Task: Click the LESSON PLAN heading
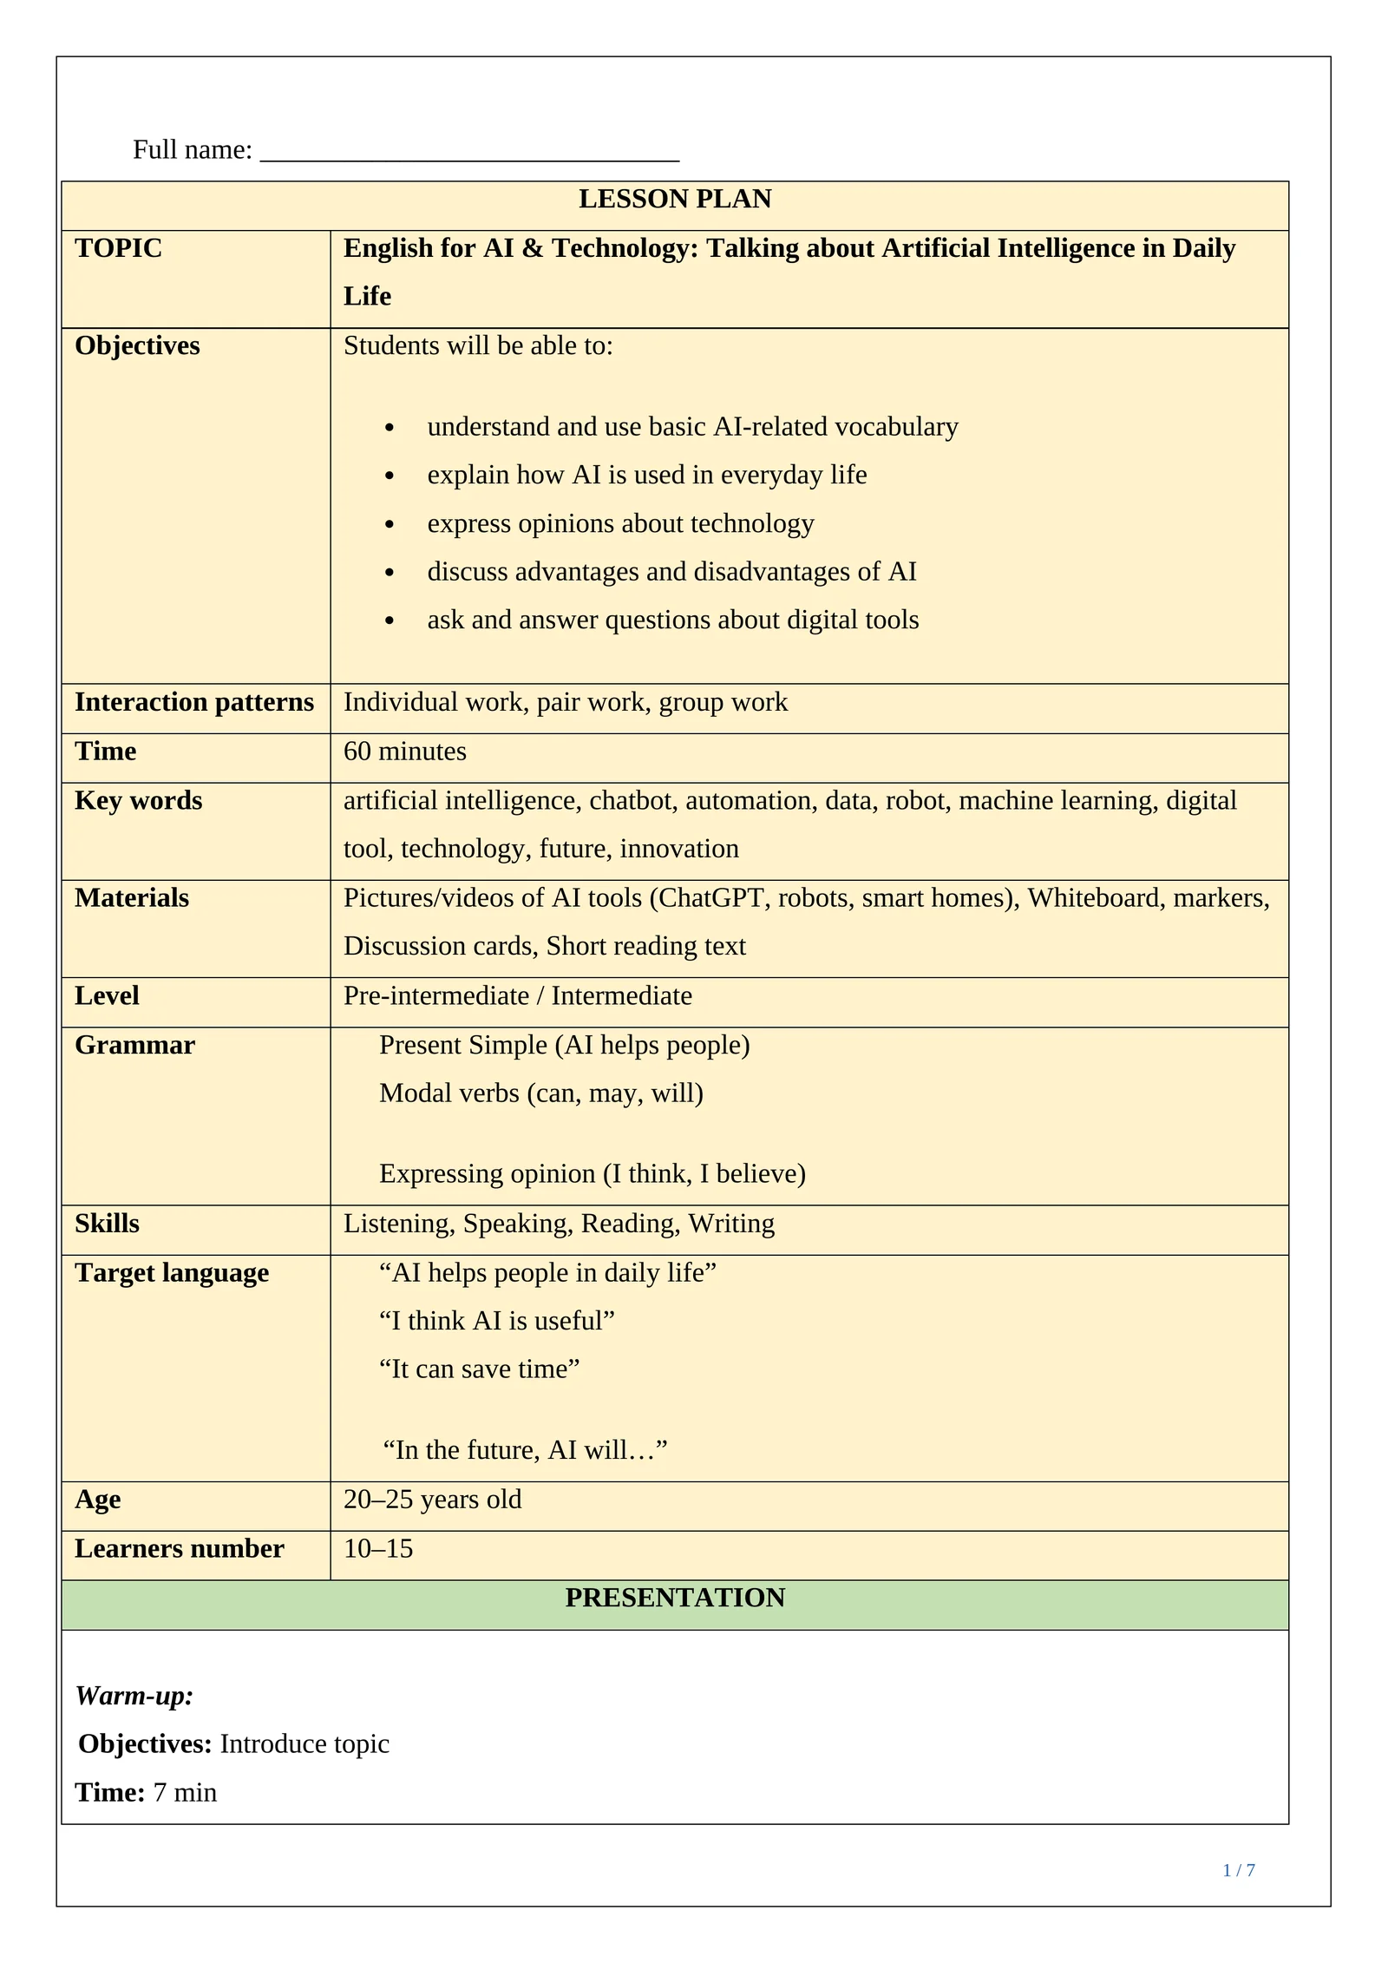tap(674, 200)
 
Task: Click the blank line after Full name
tap(468, 153)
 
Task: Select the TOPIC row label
tap(118, 248)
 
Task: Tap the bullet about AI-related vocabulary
tap(691, 427)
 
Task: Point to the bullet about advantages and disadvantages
tap(671, 572)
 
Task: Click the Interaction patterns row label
tap(193, 702)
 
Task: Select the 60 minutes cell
tap(404, 752)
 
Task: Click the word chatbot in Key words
tap(632, 800)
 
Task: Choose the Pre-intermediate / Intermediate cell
tap(517, 995)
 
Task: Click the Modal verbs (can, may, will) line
tap(540, 1093)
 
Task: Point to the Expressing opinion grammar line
tap(592, 1173)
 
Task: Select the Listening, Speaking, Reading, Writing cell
tap(559, 1224)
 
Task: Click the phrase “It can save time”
tap(479, 1369)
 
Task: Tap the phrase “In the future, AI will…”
tap(525, 1449)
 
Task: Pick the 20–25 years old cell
tap(432, 1499)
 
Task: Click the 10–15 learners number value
tap(377, 1548)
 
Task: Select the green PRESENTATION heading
tap(674, 1598)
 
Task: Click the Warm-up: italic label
tap(134, 1695)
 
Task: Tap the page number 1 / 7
tap(1238, 1870)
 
